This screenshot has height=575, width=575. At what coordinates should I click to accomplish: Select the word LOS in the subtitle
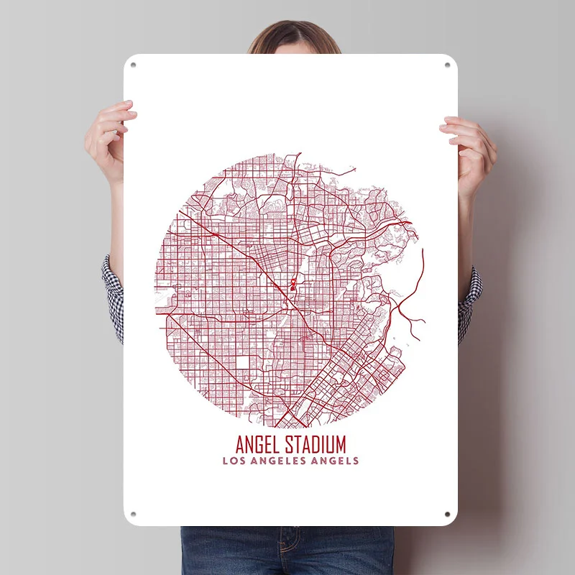click(x=233, y=461)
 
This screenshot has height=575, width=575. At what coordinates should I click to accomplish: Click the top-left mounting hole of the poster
click(x=133, y=65)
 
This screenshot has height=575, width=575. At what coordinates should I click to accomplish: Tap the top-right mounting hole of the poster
click(x=447, y=65)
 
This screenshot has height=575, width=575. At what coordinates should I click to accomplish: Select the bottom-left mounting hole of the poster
click(x=133, y=515)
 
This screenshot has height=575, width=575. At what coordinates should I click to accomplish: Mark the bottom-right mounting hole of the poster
click(x=447, y=515)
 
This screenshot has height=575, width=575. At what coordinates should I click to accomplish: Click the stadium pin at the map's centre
click(x=293, y=285)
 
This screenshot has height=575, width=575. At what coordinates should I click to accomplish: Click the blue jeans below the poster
click(x=287, y=550)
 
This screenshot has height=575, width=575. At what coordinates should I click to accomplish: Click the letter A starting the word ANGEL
click(x=239, y=443)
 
